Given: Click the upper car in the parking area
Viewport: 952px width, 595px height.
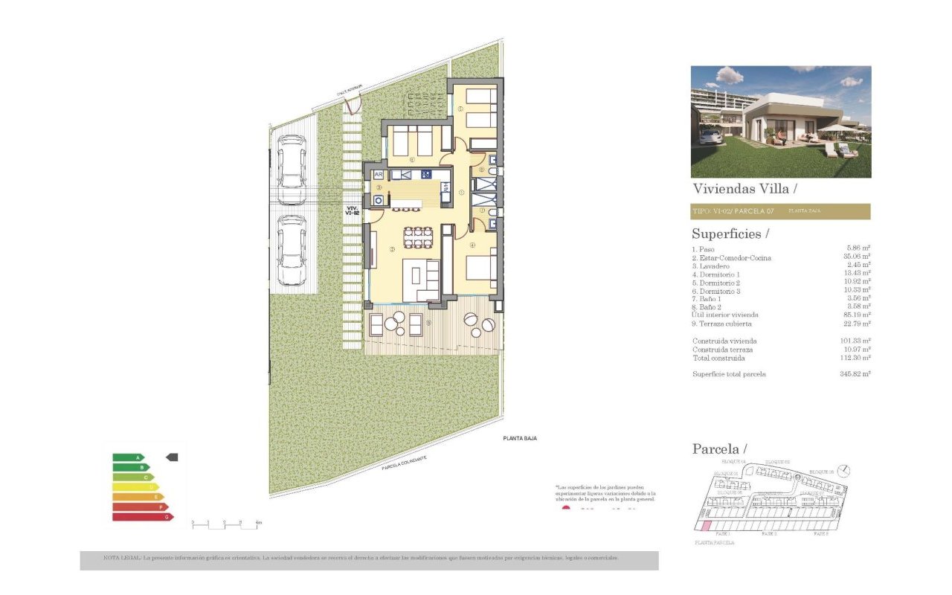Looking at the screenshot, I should (291, 170).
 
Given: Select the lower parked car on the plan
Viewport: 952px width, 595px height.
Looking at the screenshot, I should (291, 251).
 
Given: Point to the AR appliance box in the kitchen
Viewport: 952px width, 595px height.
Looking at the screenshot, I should (378, 175).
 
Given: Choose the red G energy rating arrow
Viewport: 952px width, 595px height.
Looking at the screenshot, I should (142, 516).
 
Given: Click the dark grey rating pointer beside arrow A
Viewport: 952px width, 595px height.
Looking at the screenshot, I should (172, 457).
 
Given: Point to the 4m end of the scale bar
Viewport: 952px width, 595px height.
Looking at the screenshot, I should (258, 523).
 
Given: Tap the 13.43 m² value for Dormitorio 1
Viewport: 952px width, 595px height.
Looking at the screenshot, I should (858, 274).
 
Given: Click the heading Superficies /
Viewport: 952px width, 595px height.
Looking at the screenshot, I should (727, 234).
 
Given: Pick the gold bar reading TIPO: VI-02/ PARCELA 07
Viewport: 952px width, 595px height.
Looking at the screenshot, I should (780, 211).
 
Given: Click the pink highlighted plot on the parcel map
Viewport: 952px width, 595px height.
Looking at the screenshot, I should (703, 526).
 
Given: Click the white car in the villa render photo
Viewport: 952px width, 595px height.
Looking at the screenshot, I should (710, 136).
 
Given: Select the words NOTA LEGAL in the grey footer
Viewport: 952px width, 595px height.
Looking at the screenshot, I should (120, 557).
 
